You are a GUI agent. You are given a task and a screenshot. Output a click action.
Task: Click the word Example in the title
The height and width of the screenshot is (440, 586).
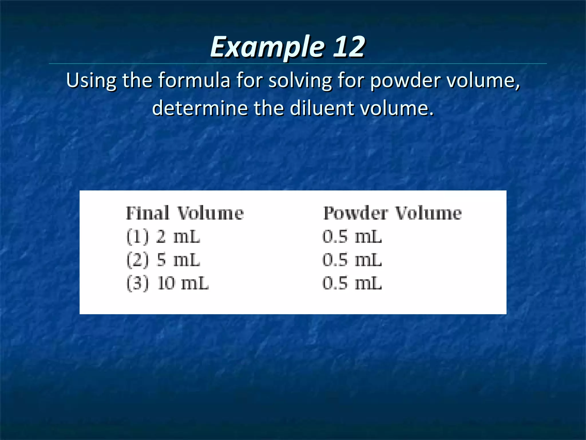tap(267, 47)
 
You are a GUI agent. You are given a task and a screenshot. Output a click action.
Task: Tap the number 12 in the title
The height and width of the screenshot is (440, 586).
tap(349, 46)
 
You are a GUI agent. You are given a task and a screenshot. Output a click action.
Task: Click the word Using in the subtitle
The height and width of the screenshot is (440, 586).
tap(91, 80)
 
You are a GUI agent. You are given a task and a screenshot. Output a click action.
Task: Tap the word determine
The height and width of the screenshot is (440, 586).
tap(200, 108)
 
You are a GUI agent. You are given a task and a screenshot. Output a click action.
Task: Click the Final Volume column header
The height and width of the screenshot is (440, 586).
tap(185, 213)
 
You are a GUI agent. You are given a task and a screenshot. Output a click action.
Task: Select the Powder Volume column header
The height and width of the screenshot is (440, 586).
tap(392, 213)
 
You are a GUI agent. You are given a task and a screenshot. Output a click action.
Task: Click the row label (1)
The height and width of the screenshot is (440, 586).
tap(138, 237)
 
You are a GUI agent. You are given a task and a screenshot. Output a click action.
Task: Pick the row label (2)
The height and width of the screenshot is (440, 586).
tap(138, 260)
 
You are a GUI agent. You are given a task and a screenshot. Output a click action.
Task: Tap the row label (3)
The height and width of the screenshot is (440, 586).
tap(138, 283)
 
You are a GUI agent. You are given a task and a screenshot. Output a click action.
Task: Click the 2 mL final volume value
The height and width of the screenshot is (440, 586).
tap(178, 237)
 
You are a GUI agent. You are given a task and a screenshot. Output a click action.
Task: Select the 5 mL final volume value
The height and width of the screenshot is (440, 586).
tap(178, 260)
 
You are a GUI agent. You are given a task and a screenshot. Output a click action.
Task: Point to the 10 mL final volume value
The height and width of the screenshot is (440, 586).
tap(183, 283)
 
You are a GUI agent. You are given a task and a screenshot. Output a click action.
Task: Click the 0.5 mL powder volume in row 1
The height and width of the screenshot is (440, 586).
tap(352, 237)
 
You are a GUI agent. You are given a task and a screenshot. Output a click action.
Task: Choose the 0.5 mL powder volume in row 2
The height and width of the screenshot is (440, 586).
tap(352, 260)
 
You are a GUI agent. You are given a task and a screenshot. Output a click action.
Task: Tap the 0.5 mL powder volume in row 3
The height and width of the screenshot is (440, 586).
tap(352, 283)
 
